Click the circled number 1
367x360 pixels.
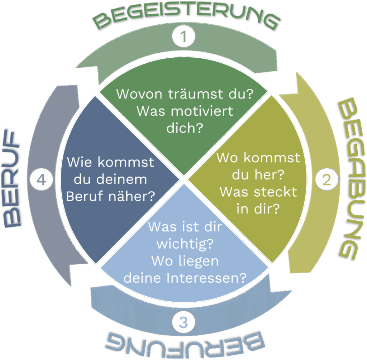pos(183,37)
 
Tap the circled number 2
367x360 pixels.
pos(327,179)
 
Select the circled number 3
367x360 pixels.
pos(183,322)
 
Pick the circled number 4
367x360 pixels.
pos(41,180)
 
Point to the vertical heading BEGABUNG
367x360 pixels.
pos(351,179)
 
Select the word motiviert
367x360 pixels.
pos(202,111)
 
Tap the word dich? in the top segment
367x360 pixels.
pos(185,128)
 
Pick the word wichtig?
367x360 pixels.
pos(185,244)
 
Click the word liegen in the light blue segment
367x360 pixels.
pos(199,261)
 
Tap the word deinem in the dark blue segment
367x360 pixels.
pos(122,179)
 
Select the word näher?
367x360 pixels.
pos(132,196)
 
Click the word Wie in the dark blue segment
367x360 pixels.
pos(79,162)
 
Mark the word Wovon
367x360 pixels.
pos(139,94)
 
